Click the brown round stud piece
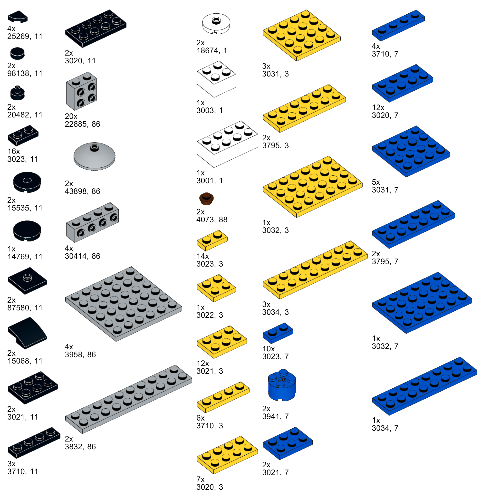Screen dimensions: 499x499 click(x=206, y=198)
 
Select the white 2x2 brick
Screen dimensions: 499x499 click(x=216, y=79)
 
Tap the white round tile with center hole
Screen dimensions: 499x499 click(x=216, y=23)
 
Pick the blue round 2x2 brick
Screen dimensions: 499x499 click(x=282, y=385)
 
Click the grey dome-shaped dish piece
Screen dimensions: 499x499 click(x=94, y=156)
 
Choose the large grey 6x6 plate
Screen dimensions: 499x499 click(x=124, y=304)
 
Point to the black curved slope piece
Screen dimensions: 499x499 click(x=27, y=333)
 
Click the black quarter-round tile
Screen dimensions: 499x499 click(x=17, y=17)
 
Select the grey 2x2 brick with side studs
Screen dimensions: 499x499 click(x=81, y=91)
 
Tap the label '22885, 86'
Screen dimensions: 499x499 click(x=82, y=124)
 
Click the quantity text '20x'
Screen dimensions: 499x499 click(x=71, y=116)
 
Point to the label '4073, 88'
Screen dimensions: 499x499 click(x=212, y=220)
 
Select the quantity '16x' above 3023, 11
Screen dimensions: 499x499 click(x=14, y=151)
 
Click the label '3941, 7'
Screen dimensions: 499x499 click(x=275, y=416)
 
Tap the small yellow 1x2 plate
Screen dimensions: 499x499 click(x=212, y=240)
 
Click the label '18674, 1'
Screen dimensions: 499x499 click(x=212, y=50)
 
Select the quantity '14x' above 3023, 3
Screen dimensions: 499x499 click(x=203, y=256)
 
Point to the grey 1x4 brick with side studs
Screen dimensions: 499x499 click(x=92, y=222)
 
